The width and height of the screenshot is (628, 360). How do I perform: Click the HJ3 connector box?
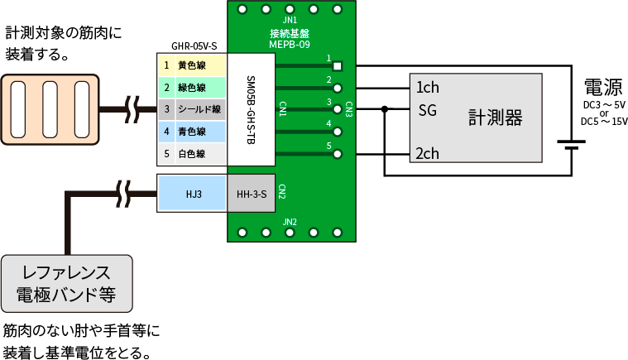pos(193,194)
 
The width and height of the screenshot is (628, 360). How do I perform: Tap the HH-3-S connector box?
pos(251,194)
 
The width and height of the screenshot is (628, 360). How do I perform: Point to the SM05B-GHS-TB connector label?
pos(251,110)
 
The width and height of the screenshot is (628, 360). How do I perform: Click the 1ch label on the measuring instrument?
pos(427,88)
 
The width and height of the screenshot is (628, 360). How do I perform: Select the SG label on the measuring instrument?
pos(427,109)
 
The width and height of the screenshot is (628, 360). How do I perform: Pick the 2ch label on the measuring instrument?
pos(427,153)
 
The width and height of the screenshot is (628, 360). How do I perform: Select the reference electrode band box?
pos(66,281)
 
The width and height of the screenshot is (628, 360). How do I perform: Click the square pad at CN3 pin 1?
pos(338,65)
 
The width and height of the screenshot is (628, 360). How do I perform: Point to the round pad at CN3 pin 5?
pos(338,154)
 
